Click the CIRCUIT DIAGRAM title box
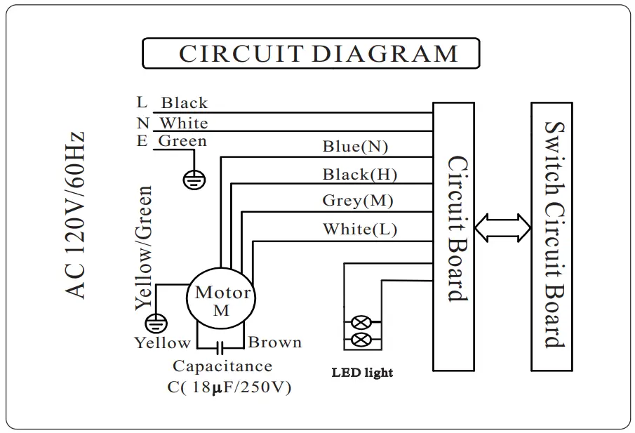[311, 53]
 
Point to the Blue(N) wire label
[355, 147]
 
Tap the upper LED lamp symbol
[361, 324]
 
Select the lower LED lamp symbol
[361, 340]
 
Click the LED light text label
[362, 372]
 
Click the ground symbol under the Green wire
[194, 180]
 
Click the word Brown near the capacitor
[275, 342]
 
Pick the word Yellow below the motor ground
[163, 342]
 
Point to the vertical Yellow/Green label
[143, 247]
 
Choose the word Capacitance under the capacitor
[222, 366]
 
